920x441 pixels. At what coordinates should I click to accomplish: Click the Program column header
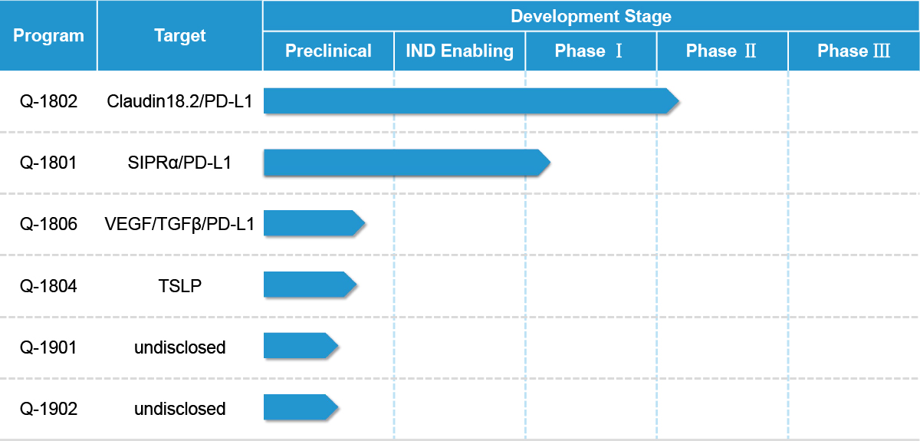tap(48, 36)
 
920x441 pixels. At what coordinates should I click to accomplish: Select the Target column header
tap(180, 36)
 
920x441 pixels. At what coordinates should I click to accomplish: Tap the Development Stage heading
tap(591, 16)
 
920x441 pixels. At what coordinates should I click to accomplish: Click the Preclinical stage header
tap(328, 51)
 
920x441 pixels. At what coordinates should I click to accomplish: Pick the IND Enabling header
tap(459, 51)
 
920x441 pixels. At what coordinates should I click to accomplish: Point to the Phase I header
tap(589, 51)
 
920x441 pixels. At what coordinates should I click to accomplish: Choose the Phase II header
tap(721, 51)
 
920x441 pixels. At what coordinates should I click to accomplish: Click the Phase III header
tap(853, 51)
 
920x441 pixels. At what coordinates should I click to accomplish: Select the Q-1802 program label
tap(48, 101)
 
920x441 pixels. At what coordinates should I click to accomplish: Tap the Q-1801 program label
tap(48, 163)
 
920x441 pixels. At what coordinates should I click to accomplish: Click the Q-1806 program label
tap(48, 224)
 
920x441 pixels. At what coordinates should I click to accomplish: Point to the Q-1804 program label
tap(48, 286)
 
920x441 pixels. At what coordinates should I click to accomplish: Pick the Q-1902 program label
tap(48, 409)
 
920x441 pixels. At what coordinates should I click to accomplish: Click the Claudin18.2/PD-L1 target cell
tap(180, 101)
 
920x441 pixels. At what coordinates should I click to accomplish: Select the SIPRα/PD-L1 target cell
tap(180, 163)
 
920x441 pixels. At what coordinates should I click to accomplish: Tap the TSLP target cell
tap(180, 286)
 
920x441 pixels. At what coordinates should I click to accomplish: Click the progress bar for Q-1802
tap(472, 100)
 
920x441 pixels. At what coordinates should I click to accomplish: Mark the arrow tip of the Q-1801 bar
tap(550, 163)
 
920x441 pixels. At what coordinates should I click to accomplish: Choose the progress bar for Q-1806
tap(314, 223)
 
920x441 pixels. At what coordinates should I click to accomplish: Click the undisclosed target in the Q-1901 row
tap(180, 347)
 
